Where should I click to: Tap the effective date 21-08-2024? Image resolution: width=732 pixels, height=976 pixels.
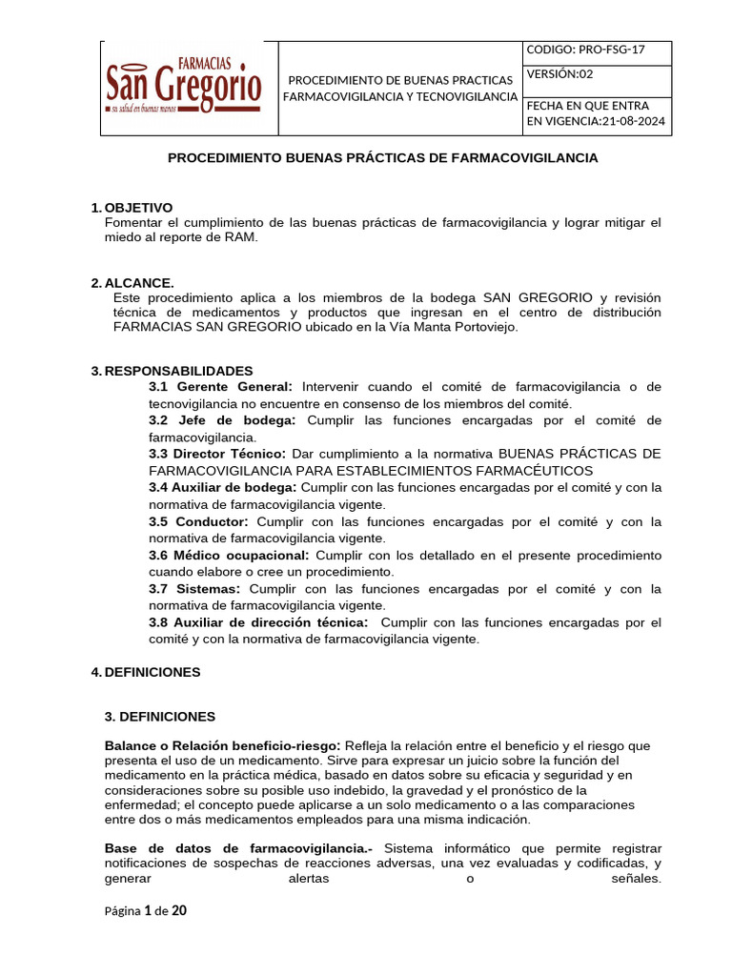pos(634,122)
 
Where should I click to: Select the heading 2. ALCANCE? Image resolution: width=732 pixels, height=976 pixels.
pos(132,282)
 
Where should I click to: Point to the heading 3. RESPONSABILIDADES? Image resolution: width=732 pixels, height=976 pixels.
pos(172,370)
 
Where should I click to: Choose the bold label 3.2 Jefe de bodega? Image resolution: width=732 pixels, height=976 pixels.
pos(222,420)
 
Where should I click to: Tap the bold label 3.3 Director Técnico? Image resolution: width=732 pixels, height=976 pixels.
pos(217,454)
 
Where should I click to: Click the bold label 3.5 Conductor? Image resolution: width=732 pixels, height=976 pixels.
pos(198,521)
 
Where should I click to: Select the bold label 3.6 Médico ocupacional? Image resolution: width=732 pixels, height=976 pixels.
pos(229,555)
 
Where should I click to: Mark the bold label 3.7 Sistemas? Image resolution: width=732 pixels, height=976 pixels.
pos(194,589)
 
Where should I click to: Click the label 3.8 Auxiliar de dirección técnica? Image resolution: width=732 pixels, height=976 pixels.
pos(258,622)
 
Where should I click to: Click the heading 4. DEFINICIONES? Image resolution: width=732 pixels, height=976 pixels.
pos(145,672)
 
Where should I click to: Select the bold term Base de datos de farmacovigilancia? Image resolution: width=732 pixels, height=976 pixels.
pos(238,848)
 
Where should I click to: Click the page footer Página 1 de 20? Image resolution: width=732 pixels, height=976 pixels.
pos(145,911)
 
